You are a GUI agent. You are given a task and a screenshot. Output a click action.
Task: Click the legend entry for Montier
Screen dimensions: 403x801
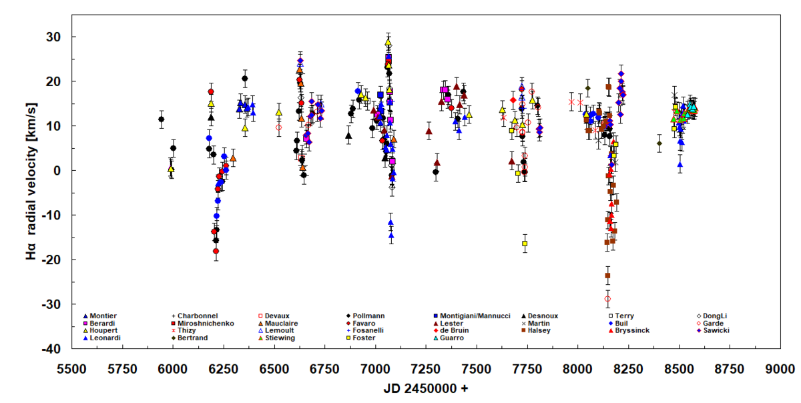coord(103,316)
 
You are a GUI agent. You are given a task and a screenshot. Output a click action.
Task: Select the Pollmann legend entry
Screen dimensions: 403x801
coord(368,316)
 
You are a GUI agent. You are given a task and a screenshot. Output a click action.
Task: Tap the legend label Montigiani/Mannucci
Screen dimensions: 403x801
coord(475,316)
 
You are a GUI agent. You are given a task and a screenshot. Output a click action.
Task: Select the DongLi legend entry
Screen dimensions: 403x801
coord(718,316)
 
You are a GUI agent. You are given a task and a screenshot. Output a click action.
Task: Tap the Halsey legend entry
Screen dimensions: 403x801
coord(541,330)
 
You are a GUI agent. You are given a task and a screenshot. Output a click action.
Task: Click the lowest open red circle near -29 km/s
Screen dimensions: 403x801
coord(608,299)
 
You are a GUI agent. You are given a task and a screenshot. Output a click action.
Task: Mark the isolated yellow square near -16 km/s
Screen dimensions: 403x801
coord(525,244)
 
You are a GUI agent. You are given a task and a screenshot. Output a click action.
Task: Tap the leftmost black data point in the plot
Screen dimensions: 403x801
coord(161,119)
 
